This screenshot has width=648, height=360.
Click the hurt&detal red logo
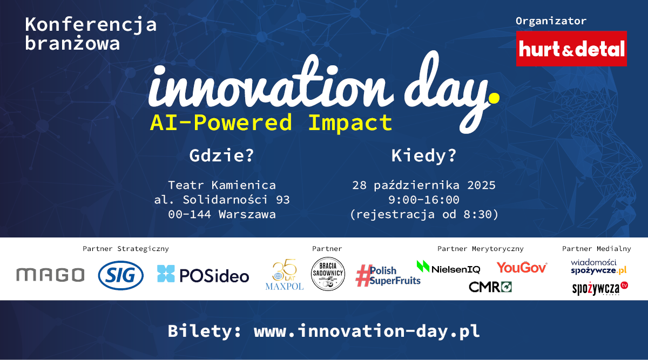(x=571, y=49)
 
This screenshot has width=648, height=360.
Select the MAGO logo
(x=50, y=274)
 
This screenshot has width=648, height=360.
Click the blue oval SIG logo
(x=120, y=275)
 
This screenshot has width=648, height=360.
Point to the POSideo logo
(x=203, y=274)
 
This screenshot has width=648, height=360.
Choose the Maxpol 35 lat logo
(x=285, y=274)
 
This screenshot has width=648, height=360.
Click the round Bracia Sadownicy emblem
(x=328, y=274)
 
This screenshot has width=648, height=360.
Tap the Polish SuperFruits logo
(x=388, y=276)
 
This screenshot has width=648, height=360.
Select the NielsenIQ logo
(x=448, y=267)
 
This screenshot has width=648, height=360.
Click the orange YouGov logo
(x=522, y=268)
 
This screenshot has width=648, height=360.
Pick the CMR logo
(x=490, y=287)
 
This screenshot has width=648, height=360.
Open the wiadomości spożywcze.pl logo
(x=598, y=267)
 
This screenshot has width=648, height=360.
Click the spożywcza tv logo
(x=600, y=288)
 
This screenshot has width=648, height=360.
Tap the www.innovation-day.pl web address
(x=367, y=331)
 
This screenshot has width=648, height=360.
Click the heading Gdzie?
(x=221, y=155)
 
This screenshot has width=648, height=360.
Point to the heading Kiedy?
(x=424, y=155)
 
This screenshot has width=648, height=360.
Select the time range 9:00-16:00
(x=424, y=200)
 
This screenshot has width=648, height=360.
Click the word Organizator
(x=551, y=21)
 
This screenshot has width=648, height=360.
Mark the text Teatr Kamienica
(x=222, y=185)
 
